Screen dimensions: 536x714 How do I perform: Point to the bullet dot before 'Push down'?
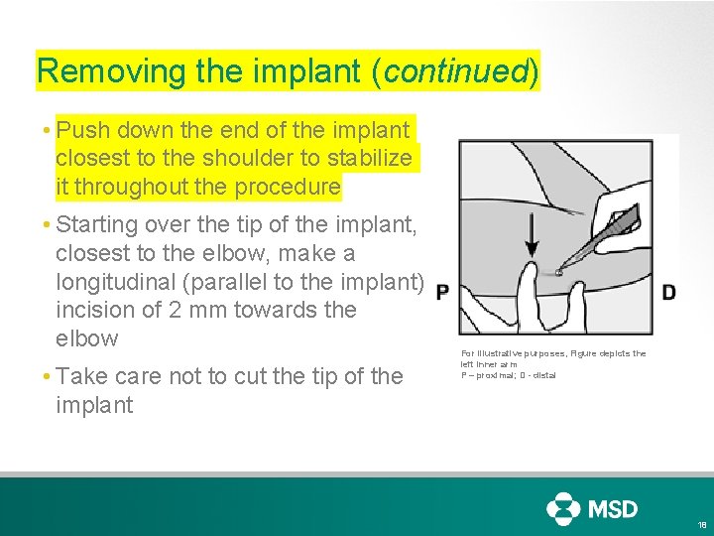(x=47, y=131)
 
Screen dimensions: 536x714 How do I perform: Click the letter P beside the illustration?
(x=442, y=292)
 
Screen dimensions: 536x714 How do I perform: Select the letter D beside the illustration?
(x=669, y=292)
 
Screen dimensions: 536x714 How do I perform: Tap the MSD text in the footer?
(x=615, y=509)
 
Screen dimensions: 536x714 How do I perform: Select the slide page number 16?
(x=702, y=525)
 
